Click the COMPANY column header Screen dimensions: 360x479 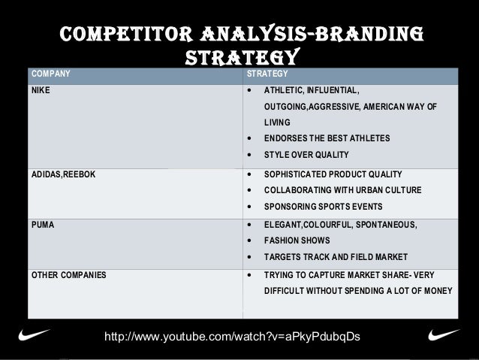coord(50,74)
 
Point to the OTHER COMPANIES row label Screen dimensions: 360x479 coord(68,274)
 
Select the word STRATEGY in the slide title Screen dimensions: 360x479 coord(243,58)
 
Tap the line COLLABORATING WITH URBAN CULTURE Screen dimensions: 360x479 coord(342,190)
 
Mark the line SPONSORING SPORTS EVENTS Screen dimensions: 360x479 coord(323,207)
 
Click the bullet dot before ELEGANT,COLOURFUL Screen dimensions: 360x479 coord(249,224)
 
